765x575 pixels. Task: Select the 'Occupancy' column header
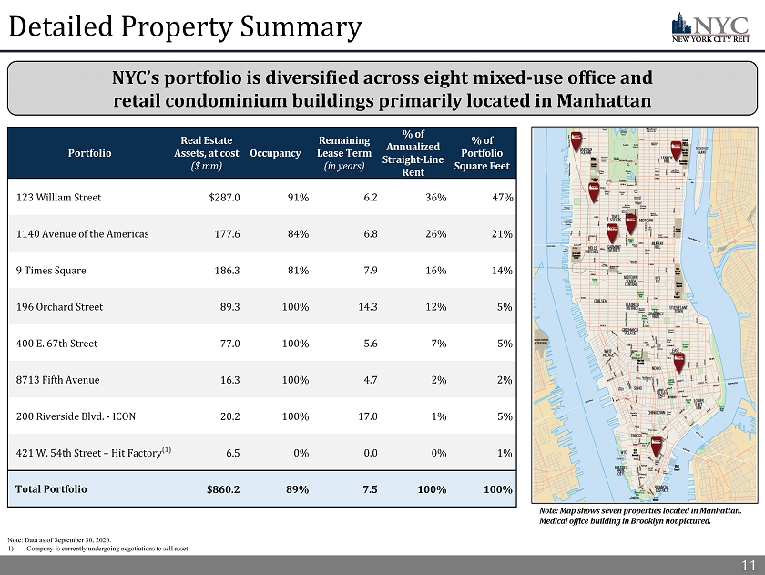point(275,152)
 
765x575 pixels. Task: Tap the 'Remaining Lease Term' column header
point(343,153)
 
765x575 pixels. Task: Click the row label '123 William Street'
point(59,197)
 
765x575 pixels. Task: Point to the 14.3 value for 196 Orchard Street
point(366,307)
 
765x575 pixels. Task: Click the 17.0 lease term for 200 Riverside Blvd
point(366,416)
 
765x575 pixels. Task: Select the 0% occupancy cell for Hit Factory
point(299,453)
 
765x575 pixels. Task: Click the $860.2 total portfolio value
point(223,489)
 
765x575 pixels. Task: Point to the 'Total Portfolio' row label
point(52,488)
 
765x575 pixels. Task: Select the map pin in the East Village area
point(678,361)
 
